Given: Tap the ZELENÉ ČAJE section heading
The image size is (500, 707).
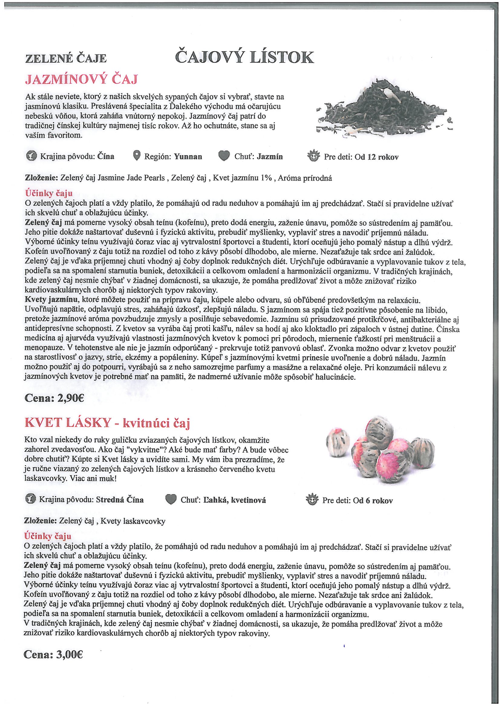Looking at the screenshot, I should (66, 58).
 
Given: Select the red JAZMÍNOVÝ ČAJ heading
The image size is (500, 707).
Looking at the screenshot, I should (81, 80).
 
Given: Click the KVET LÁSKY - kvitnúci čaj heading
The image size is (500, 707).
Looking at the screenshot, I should (107, 423).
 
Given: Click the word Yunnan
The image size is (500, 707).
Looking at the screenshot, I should (188, 157).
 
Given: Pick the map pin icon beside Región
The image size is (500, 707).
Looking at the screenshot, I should (137, 156).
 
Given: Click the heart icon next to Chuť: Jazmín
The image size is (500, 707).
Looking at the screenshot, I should (224, 156).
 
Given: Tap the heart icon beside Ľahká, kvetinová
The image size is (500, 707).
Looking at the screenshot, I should (171, 500).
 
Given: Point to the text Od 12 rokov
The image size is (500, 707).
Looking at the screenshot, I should (377, 157).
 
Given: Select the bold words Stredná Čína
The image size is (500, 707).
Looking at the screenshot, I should (120, 500).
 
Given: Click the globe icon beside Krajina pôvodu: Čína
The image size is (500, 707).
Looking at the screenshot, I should (31, 156).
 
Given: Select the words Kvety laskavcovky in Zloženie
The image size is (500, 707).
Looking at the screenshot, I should (133, 521).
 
